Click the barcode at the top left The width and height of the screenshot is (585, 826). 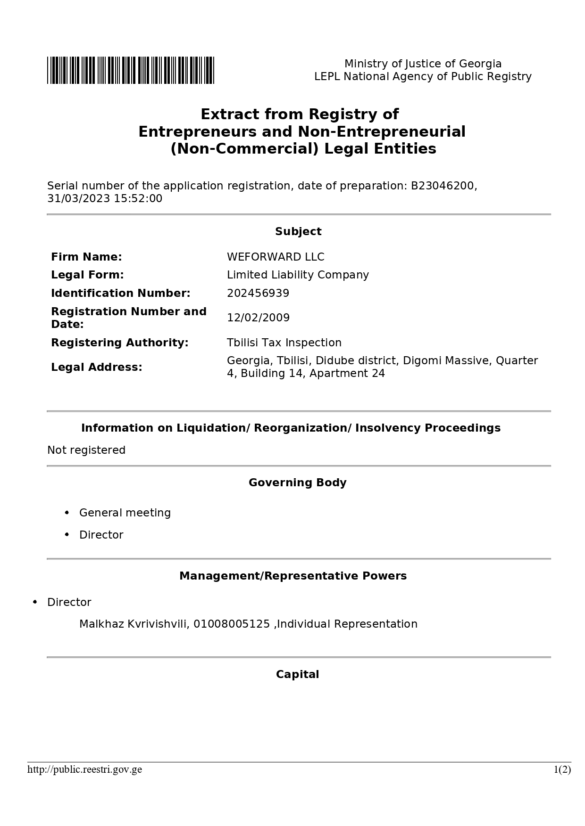pyautogui.click(x=130, y=70)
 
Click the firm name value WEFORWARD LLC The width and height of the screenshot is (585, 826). pyautogui.click(x=276, y=257)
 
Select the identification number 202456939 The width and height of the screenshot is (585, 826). pyautogui.click(x=258, y=293)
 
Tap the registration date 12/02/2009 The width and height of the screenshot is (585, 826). pyautogui.click(x=258, y=318)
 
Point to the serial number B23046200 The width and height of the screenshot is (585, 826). pyautogui.click(x=442, y=186)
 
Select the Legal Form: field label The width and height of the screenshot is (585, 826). pyautogui.click(x=87, y=275)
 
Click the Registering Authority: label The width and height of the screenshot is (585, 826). pyautogui.click(x=119, y=343)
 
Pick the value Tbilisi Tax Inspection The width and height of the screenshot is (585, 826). pyautogui.click(x=284, y=343)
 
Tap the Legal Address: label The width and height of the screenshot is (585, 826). pyautogui.click(x=96, y=367)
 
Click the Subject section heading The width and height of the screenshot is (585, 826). pyautogui.click(x=298, y=231)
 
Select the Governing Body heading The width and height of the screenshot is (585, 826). pyautogui.click(x=298, y=483)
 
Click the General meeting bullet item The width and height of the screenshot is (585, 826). pyautogui.click(x=125, y=513)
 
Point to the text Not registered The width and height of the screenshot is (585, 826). pyautogui.click(x=86, y=450)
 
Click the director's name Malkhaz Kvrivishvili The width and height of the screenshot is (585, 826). pyautogui.click(x=134, y=624)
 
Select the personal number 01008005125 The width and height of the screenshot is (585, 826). pyautogui.click(x=232, y=624)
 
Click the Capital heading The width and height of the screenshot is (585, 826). pyautogui.click(x=298, y=674)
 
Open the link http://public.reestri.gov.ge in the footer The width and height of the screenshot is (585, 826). pyautogui.click(x=84, y=769)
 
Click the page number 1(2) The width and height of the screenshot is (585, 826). pyautogui.click(x=562, y=769)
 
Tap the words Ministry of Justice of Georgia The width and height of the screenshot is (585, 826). pyautogui.click(x=423, y=64)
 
